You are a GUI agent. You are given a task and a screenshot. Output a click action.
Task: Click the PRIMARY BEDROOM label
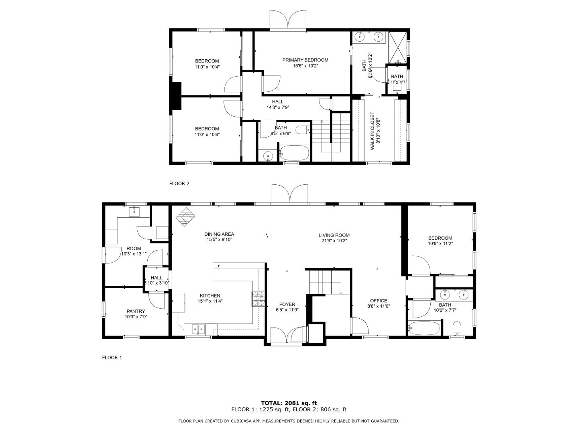click(x=305, y=60)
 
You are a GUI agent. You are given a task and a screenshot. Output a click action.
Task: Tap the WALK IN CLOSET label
click(x=372, y=131)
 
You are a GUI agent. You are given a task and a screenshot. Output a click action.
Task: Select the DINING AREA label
click(x=219, y=234)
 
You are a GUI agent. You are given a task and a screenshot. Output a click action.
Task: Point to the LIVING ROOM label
click(x=334, y=235)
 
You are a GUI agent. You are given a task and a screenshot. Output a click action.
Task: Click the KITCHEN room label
click(x=209, y=296)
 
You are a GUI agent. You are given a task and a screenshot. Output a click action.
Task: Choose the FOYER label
click(x=287, y=304)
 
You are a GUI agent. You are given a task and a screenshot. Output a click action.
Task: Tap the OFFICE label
click(x=379, y=301)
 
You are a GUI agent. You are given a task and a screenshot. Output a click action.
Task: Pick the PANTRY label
click(x=136, y=311)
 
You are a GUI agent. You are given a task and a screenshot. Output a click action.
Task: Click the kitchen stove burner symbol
click(x=258, y=298)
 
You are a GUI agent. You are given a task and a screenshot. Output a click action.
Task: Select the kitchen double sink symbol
click(x=198, y=329)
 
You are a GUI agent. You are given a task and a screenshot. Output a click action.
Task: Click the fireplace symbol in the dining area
click(x=186, y=217)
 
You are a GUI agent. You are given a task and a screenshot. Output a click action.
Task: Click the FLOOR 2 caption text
click(x=179, y=184)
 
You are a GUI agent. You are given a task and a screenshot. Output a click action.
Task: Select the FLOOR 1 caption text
click(x=112, y=358)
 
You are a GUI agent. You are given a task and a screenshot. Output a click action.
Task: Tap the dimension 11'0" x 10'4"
click(x=207, y=67)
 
